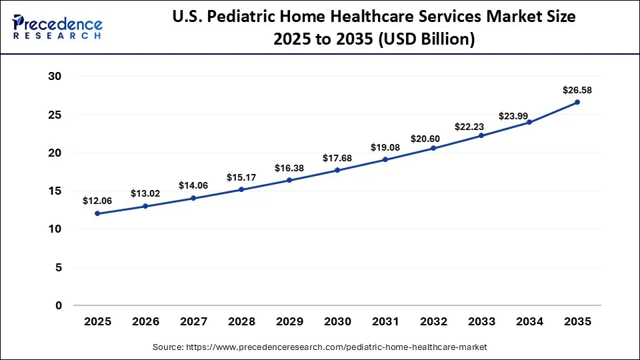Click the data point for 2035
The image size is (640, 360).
(x=577, y=102)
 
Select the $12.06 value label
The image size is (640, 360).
(x=97, y=201)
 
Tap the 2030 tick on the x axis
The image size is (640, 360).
(x=337, y=321)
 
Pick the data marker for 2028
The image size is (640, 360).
(x=241, y=189)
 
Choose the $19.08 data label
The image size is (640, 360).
(x=385, y=147)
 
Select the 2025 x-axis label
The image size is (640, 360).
(x=97, y=321)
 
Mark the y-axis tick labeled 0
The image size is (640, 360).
(x=59, y=306)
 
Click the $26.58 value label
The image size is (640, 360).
(x=577, y=89)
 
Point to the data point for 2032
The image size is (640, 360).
(x=433, y=148)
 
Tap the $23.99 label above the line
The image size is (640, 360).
(x=529, y=109)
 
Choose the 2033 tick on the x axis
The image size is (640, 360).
(x=481, y=321)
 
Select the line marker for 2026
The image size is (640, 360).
(x=145, y=206)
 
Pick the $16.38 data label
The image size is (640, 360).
(x=289, y=167)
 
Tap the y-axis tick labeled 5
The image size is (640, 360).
(x=59, y=268)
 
